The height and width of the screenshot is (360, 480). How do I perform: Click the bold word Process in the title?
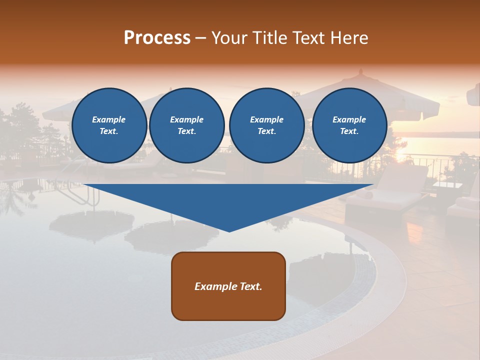coord(157,38)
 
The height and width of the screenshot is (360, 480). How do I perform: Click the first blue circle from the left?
coord(109,125)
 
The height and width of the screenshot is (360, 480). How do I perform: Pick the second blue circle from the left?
coord(186,125)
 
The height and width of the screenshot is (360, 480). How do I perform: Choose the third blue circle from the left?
coord(266,125)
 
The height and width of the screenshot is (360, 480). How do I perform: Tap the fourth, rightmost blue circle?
coord(349,125)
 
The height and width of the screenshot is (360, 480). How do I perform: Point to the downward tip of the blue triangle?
coord(229,230)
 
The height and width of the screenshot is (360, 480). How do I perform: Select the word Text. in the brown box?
coord(250,286)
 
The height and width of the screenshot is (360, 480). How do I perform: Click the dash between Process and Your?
coord(201,38)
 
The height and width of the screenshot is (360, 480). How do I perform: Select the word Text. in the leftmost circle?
coord(109,131)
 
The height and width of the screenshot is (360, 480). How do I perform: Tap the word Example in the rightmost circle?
coord(349,119)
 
